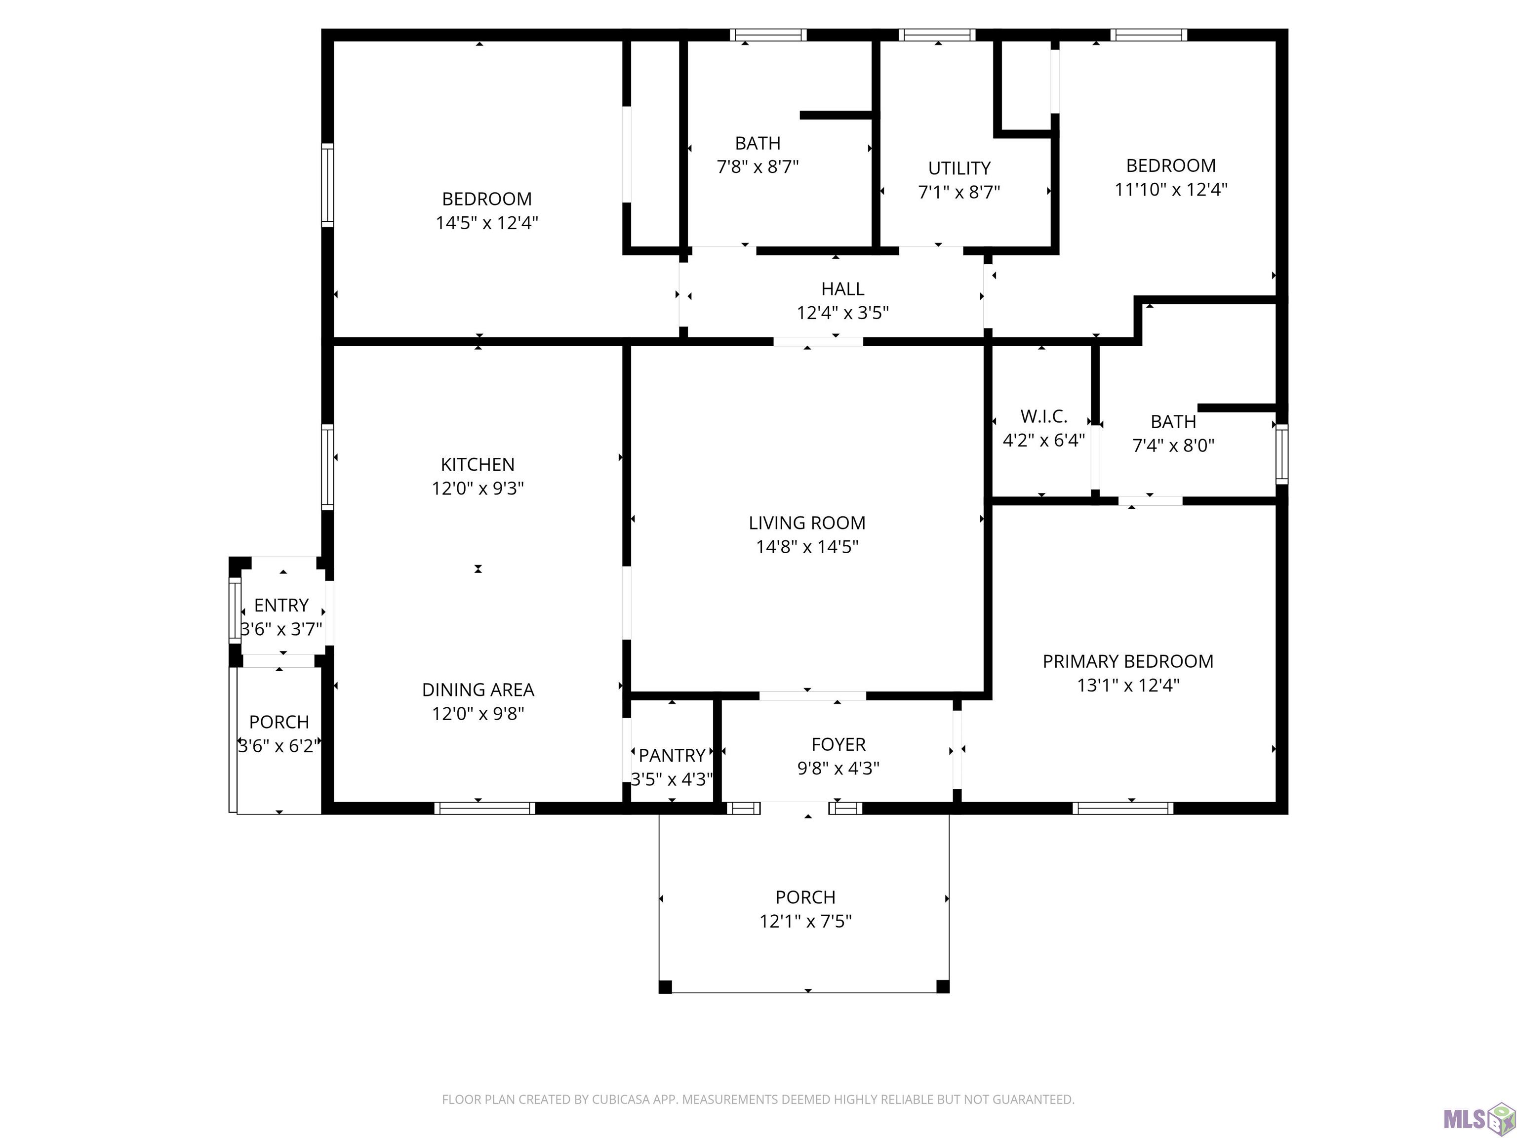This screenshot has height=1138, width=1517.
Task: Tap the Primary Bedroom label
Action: [1128, 661]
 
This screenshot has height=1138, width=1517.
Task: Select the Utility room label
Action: [959, 168]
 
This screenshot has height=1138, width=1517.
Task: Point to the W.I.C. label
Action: [1044, 416]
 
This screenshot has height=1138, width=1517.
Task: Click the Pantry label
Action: [672, 755]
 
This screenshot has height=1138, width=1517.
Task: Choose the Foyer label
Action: [838, 744]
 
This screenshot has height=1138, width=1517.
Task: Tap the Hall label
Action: [843, 289]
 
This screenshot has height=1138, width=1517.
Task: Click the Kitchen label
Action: [478, 464]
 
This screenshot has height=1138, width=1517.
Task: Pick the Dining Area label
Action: [478, 690]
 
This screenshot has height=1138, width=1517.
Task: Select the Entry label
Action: [281, 605]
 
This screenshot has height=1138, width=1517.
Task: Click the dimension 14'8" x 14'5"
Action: [807, 547]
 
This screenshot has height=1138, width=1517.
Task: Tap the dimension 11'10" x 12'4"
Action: [1171, 189]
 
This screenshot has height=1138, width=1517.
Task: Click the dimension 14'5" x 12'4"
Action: [487, 223]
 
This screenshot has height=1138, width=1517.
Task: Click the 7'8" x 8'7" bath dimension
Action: [758, 166]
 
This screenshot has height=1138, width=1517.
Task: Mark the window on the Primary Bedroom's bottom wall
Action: [1122, 808]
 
